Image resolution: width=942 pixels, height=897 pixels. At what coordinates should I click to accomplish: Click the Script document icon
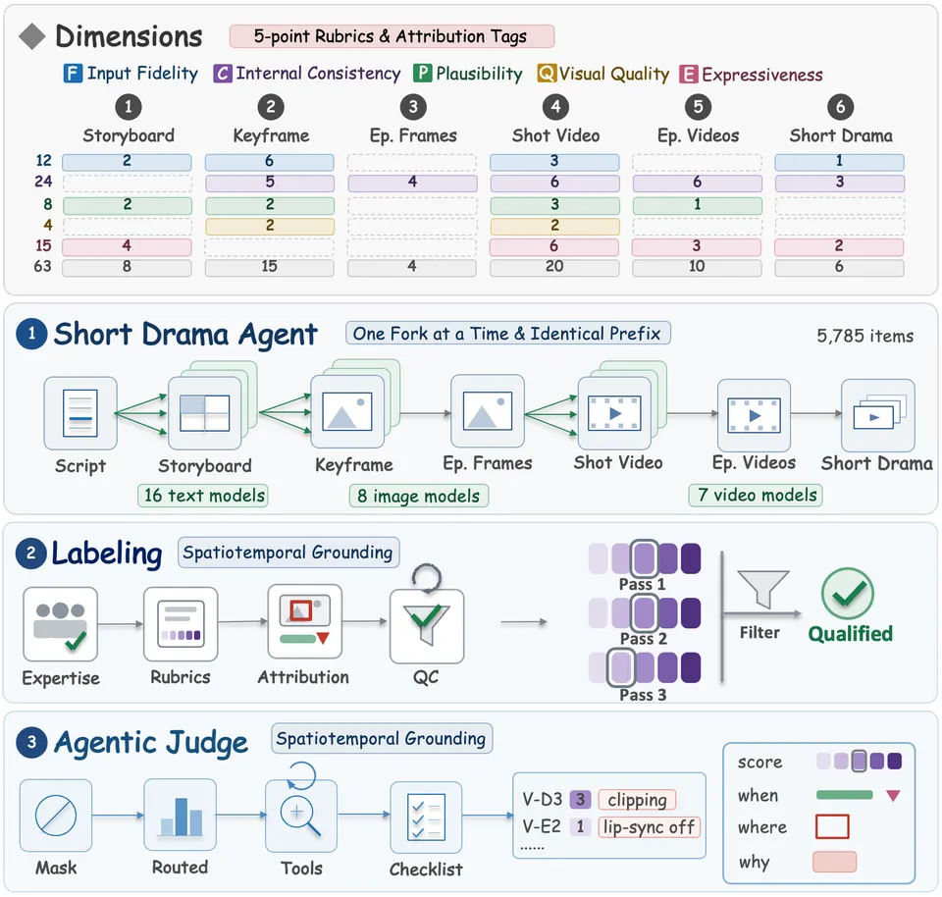(79, 413)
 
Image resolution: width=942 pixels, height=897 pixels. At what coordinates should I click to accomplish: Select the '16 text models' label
(204, 496)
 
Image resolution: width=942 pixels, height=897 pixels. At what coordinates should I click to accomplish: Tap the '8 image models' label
(419, 497)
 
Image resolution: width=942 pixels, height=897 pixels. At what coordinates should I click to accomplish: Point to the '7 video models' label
(757, 495)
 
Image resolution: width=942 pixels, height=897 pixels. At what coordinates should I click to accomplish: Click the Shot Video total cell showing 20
(554, 267)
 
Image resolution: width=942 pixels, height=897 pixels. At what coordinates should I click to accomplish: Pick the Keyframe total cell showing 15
(269, 267)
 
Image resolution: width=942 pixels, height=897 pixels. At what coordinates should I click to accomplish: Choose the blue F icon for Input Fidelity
(73, 74)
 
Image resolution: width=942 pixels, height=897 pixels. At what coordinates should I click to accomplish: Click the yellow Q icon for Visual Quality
(547, 74)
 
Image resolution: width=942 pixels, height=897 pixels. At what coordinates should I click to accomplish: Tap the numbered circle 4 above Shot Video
(555, 107)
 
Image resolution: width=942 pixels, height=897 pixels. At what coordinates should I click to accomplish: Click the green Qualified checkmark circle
(847, 594)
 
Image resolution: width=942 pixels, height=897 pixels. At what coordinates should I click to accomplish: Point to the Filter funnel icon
(763, 589)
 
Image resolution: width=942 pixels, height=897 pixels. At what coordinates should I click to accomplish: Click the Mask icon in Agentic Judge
(56, 816)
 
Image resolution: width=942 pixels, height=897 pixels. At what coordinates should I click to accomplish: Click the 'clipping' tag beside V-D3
(637, 800)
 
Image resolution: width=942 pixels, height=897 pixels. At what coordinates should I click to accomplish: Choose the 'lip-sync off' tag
(649, 827)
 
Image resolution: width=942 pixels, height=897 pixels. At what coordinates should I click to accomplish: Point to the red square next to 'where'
(832, 826)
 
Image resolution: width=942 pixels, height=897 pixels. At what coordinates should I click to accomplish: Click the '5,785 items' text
(865, 336)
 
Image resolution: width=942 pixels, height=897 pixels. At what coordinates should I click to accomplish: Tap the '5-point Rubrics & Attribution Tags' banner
(392, 36)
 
